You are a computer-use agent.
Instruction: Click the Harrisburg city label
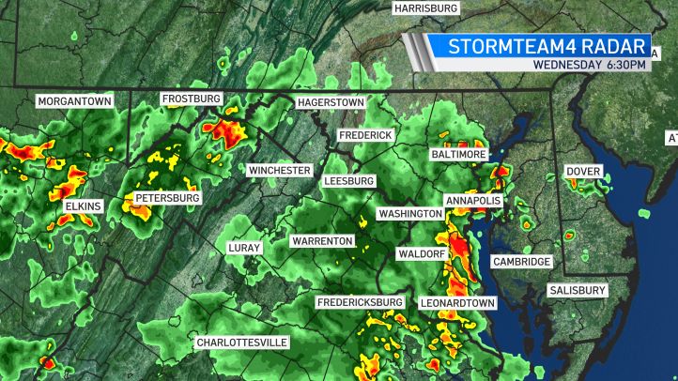point(425,8)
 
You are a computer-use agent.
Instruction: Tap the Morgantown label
point(74,100)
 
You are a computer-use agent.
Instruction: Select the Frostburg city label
point(191,99)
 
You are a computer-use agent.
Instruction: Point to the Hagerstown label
point(330,101)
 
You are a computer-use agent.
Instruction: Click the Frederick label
point(365,135)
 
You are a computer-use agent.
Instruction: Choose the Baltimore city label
point(459,153)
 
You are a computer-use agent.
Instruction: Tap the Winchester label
point(279,170)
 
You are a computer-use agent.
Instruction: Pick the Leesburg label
point(348,180)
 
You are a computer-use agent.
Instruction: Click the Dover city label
point(583,172)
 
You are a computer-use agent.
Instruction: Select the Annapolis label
point(474,201)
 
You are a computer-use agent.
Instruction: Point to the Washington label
point(410,214)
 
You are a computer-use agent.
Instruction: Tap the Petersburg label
point(167,198)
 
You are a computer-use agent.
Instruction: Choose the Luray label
point(243,248)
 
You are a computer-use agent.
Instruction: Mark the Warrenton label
point(322,241)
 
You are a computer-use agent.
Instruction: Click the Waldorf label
point(420,253)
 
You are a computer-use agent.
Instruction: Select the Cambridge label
point(521,262)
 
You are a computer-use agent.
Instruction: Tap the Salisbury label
point(578,291)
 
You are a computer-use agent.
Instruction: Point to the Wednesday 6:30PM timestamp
point(589,65)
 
